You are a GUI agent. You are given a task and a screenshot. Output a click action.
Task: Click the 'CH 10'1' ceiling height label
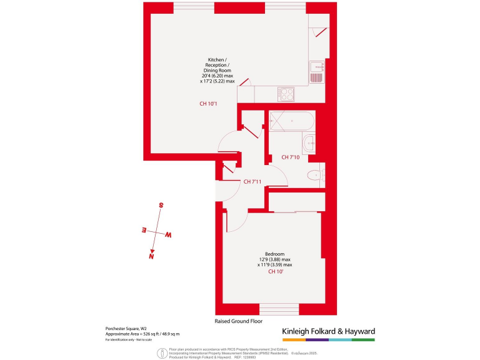click(x=208, y=104)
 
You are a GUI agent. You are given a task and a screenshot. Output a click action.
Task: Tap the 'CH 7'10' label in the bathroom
click(x=291, y=157)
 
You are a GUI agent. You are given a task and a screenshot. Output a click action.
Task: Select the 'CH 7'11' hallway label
click(x=252, y=182)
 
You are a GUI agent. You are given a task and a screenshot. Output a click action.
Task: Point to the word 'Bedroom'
click(x=275, y=254)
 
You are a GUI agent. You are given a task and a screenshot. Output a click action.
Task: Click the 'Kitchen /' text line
click(x=217, y=59)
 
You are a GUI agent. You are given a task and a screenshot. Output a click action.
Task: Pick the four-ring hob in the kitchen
click(x=286, y=94)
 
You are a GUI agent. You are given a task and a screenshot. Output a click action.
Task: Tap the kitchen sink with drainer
click(x=317, y=72)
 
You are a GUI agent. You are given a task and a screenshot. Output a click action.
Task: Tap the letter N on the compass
click(x=151, y=255)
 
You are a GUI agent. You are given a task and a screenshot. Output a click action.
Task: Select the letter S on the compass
click(x=161, y=205)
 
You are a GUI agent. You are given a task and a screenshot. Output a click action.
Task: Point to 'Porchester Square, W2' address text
click(x=126, y=329)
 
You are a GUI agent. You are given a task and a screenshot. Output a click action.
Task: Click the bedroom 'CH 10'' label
click(x=276, y=272)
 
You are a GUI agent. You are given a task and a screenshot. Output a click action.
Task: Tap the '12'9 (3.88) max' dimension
click(x=275, y=259)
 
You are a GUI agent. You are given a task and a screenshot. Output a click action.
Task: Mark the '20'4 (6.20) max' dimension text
click(x=217, y=76)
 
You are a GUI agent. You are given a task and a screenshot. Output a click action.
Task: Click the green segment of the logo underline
click(x=364, y=340)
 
